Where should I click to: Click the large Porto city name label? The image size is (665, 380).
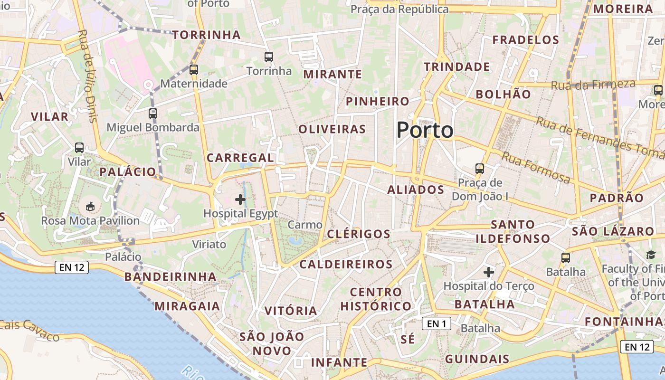[x=425, y=130]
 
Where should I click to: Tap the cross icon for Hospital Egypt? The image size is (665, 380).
[x=240, y=199]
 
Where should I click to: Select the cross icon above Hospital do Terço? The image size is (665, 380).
[x=488, y=272]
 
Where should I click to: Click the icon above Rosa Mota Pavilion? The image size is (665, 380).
[x=90, y=206]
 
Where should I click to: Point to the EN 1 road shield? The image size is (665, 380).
[x=436, y=324]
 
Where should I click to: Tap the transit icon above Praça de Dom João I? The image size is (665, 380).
[x=480, y=168]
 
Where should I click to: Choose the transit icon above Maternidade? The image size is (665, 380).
[x=193, y=70]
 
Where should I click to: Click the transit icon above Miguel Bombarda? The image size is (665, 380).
[x=152, y=114]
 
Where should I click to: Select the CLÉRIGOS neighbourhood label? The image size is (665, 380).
[x=359, y=234]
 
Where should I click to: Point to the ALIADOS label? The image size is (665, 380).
[x=416, y=190]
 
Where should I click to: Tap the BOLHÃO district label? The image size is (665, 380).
[x=503, y=94]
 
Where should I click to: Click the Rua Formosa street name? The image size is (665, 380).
[x=536, y=168]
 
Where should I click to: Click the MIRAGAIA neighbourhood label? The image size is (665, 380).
[x=187, y=306]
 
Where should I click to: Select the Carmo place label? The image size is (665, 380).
[x=305, y=225]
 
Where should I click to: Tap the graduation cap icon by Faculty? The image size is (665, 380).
[x=650, y=256]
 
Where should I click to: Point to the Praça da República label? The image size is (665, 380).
[x=399, y=9]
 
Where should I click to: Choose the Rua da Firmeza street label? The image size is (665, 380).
[x=593, y=85]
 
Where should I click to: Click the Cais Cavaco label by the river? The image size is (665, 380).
[x=29, y=330]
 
